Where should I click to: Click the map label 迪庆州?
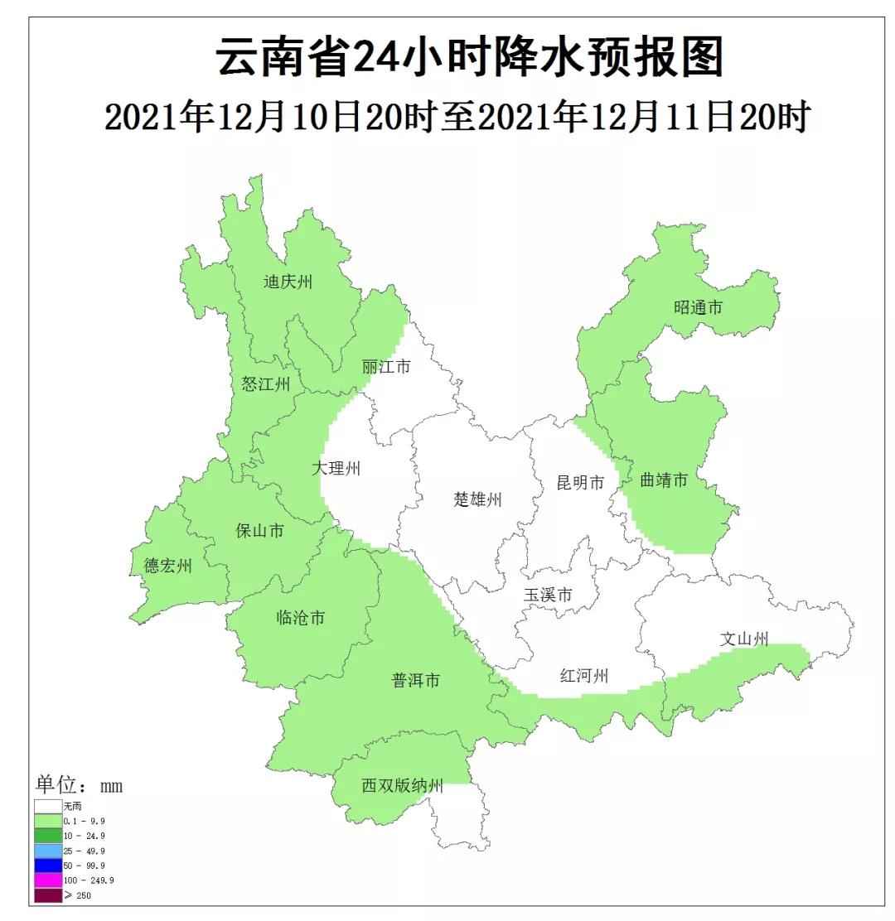[x=288, y=282]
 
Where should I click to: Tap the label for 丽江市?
[x=385, y=366]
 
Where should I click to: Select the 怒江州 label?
[x=265, y=383]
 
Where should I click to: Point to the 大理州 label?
[x=336, y=468]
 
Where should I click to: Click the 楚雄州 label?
[x=478, y=499]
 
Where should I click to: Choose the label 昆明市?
[x=580, y=483]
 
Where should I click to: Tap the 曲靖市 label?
[x=664, y=480]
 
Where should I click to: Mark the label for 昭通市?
[x=698, y=307]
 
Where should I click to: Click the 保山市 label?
[x=259, y=530]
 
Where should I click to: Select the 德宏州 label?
[x=167, y=566]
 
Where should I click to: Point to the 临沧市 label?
[x=300, y=618]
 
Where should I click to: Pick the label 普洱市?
[x=415, y=681]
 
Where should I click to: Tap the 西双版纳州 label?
[x=403, y=786]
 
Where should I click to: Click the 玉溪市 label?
[x=548, y=596]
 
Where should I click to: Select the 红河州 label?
[x=583, y=677]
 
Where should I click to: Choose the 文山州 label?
[x=744, y=639]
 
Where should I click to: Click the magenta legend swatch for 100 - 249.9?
[x=48, y=880]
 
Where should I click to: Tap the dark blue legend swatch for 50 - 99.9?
[x=48, y=865]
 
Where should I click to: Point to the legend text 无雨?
[x=73, y=805]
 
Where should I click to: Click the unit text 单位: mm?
[x=79, y=785]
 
